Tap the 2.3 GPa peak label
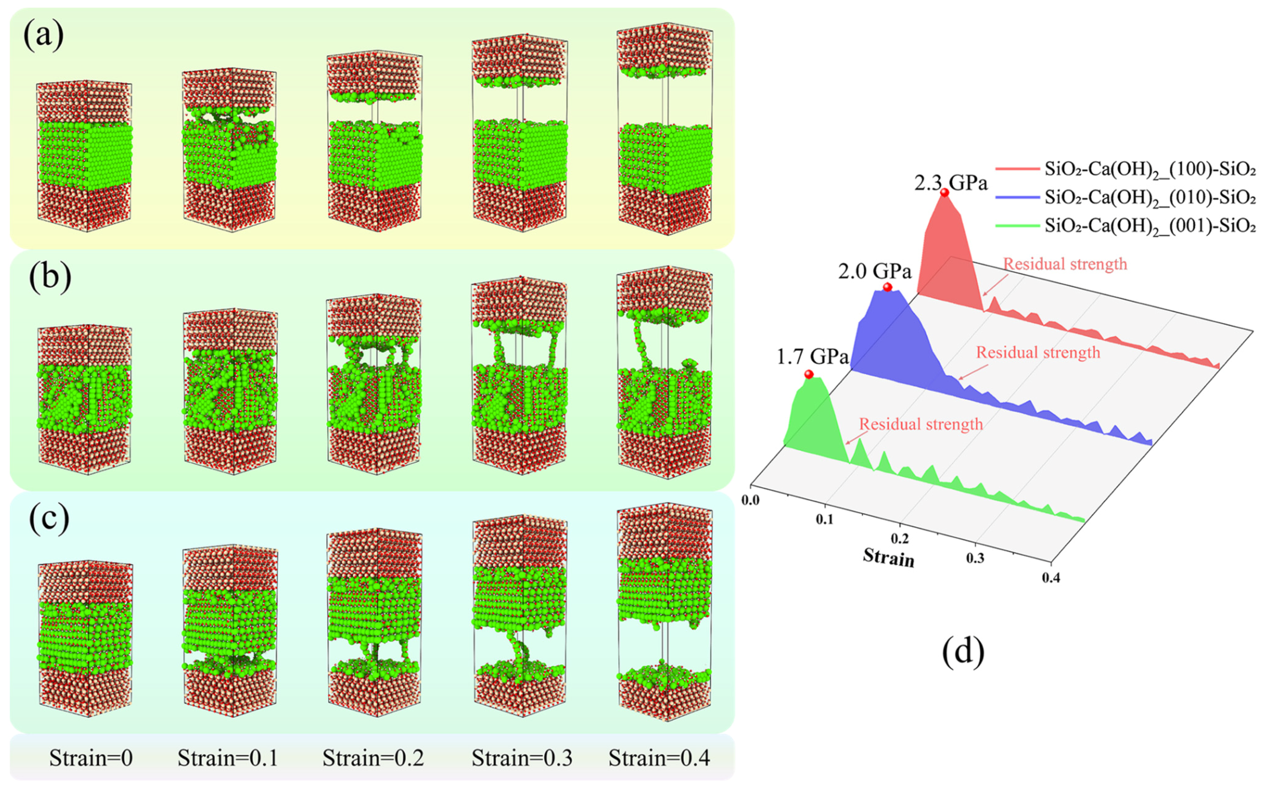click(951, 183)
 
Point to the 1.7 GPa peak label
click(813, 356)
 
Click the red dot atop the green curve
click(809, 374)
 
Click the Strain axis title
click(889, 557)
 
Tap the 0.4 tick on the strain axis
click(1051, 578)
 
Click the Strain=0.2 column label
click(373, 758)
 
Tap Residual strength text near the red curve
click(1065, 264)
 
